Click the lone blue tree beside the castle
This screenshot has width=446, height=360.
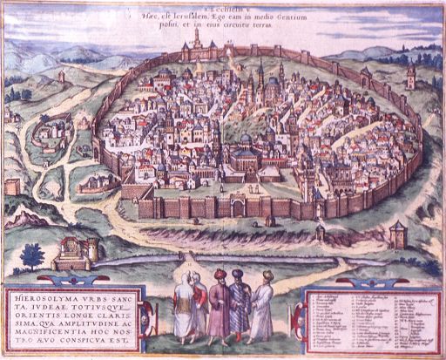[33, 255]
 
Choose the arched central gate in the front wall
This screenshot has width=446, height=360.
[237, 207]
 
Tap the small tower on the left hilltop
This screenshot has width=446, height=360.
[61, 77]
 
